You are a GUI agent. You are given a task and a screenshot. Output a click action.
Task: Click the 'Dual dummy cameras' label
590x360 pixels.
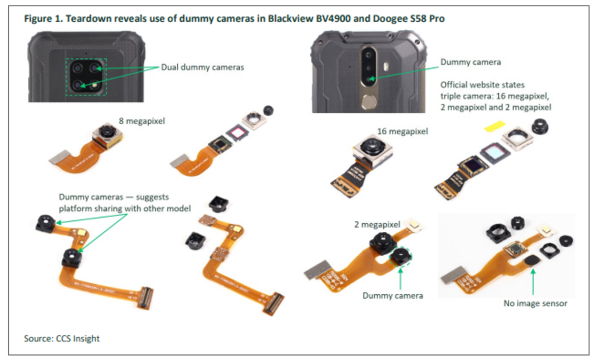point(202,67)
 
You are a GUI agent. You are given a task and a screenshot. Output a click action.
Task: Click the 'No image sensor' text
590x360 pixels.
point(535,303)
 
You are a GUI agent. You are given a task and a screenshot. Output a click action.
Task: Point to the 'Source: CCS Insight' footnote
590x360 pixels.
point(62,338)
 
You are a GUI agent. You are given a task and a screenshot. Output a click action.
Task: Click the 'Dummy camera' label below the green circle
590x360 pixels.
point(393,296)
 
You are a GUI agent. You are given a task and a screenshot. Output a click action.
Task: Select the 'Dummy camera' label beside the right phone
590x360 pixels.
point(470,62)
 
